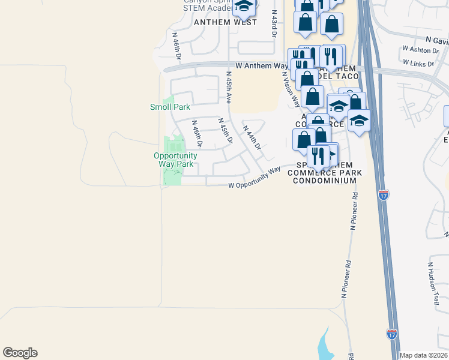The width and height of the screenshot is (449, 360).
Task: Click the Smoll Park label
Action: pyautogui.click(x=169, y=107)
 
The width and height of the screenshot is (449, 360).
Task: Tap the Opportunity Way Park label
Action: pyautogui.click(x=176, y=160)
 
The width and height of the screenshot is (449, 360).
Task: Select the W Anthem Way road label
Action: pyautogui.click(x=262, y=65)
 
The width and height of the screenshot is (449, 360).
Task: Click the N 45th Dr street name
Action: pyautogui.click(x=225, y=131)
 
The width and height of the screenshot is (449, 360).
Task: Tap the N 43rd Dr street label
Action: pyautogui.click(x=274, y=24)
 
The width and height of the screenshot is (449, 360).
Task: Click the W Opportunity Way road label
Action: pyautogui.click(x=255, y=178)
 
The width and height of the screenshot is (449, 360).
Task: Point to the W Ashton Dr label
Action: pyautogui.click(x=421, y=50)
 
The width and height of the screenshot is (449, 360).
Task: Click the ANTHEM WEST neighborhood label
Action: pyautogui.click(x=225, y=22)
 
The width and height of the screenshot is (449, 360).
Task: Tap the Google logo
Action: pyautogui.click(x=20, y=353)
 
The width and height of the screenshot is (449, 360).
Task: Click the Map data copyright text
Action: pyautogui.click(x=423, y=355)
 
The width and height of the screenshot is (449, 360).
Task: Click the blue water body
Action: pyautogui.click(x=326, y=345)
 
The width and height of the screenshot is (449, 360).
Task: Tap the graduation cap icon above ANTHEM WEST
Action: pyautogui.click(x=244, y=6)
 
